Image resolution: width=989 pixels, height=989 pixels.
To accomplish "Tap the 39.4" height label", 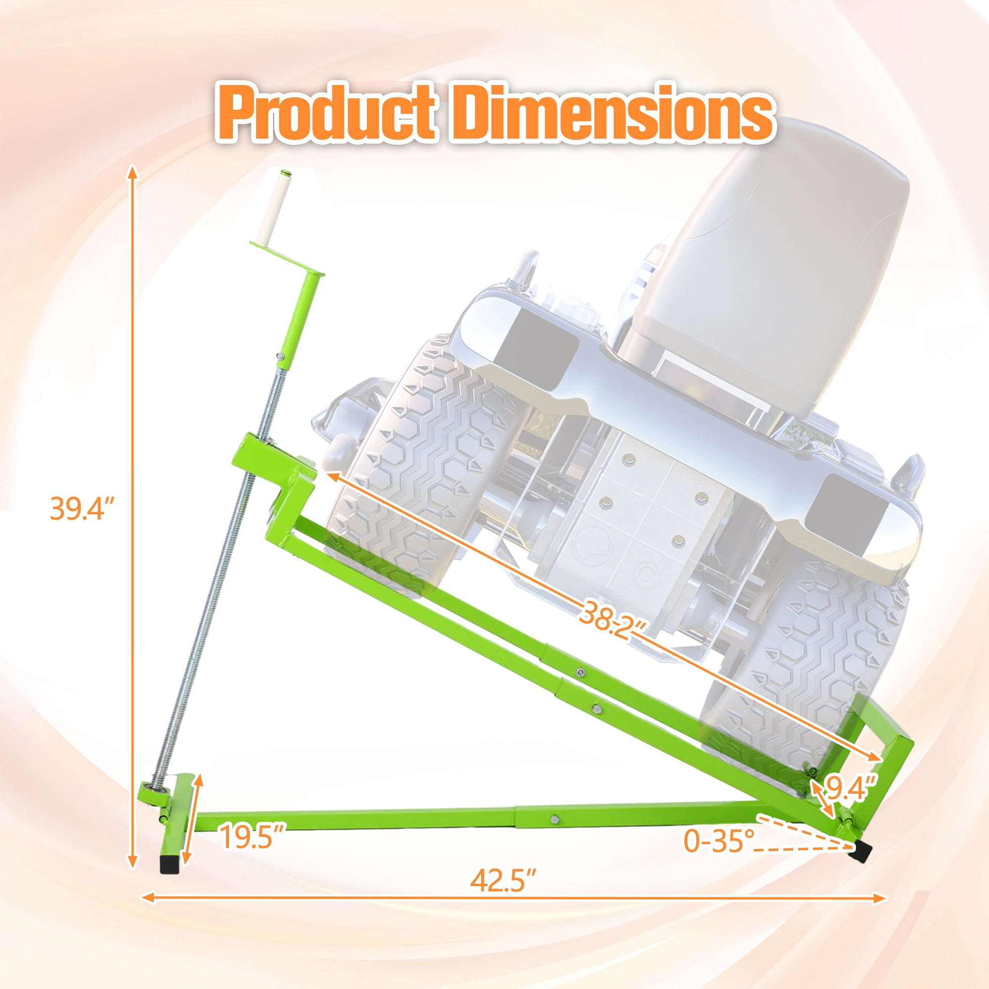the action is pos(82,509).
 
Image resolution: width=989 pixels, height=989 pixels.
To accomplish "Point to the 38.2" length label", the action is pos(614,625).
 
